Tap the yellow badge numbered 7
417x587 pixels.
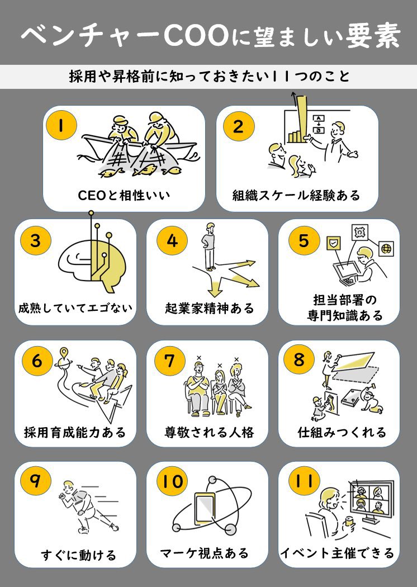click(169, 361)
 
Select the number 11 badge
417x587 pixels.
click(304, 481)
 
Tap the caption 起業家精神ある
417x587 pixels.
click(210, 309)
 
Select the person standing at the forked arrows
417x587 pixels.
click(210, 247)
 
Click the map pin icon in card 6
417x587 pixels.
click(64, 353)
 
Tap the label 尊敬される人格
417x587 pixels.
click(209, 432)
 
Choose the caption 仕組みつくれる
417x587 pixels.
click(342, 432)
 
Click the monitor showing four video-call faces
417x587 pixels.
click(370, 500)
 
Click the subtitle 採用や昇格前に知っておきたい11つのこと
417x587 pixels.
click(210, 77)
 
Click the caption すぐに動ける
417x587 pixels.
click(79, 555)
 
